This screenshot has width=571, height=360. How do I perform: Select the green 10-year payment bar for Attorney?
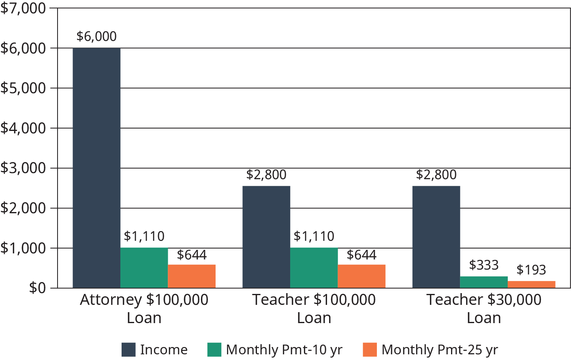point(144,268)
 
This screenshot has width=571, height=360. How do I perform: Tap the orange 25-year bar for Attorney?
point(192,276)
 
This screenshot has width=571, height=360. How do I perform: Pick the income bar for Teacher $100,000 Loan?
point(266,237)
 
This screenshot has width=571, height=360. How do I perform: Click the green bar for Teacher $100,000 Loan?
point(314,268)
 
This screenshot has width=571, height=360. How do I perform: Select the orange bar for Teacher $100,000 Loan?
point(361,276)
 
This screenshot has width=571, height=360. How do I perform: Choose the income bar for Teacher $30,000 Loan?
point(436,237)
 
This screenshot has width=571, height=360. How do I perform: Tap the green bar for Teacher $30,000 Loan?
point(484,282)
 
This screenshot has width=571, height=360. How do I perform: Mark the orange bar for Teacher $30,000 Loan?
point(531,285)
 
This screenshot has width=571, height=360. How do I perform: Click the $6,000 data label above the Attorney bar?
point(96,36)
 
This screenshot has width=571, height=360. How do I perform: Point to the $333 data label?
point(484,265)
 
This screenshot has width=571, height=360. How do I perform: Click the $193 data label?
point(531,270)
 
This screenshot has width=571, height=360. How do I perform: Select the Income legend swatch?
point(128,349)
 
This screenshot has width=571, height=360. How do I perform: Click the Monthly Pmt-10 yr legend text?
point(284,349)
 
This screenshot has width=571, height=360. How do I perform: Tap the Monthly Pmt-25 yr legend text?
point(440,349)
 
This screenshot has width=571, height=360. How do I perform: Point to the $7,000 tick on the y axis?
point(23,8)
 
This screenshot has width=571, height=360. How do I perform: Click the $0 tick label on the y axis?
point(37,288)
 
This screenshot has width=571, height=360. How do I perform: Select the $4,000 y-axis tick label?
point(23,128)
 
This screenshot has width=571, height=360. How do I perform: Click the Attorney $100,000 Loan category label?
point(144,309)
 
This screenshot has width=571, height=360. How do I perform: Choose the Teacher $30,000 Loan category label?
point(484,309)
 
